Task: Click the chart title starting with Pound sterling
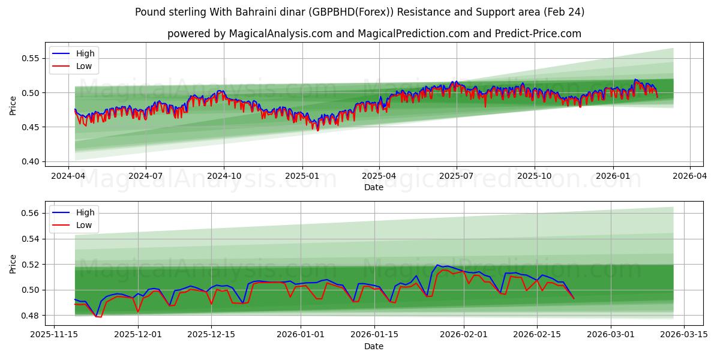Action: tap(359, 12)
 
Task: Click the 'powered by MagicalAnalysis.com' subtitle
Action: tap(374, 34)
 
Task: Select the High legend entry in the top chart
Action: tap(85, 53)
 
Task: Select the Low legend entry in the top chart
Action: tap(83, 66)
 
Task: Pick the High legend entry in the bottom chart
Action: tap(85, 212)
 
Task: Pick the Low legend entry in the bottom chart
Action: tap(83, 225)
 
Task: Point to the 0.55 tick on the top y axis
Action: tap(30, 58)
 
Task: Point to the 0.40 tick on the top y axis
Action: tap(30, 161)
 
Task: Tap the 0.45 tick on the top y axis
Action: tap(30, 127)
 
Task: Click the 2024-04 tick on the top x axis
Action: tap(68, 176)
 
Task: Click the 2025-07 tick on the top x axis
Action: tap(457, 176)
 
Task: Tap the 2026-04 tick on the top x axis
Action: tap(689, 176)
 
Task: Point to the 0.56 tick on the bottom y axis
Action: tap(30, 213)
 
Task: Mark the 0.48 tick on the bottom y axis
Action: tap(30, 316)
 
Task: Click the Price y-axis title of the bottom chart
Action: tap(13, 263)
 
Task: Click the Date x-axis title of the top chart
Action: tap(373, 187)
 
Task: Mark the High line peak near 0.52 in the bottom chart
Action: tap(437, 265)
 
